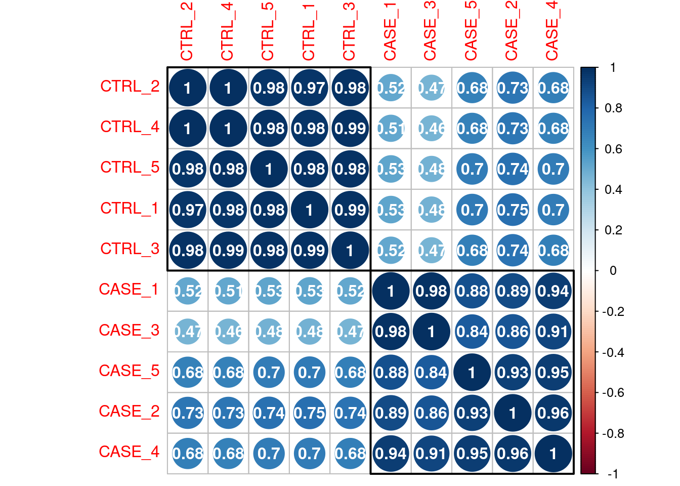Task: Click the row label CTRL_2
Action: (130, 87)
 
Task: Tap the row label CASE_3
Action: (129, 331)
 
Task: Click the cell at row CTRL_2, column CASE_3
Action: (431, 88)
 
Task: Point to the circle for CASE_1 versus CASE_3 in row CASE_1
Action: (431, 291)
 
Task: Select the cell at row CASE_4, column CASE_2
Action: (513, 454)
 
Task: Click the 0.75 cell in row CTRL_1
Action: (513, 210)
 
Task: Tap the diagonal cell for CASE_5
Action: (472, 373)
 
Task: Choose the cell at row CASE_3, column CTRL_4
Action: (228, 332)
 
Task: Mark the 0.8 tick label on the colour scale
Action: (613, 108)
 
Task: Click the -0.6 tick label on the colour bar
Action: (613, 393)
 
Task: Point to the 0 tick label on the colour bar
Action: (613, 271)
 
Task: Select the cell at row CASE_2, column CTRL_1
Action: (309, 413)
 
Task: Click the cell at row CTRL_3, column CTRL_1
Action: (309, 251)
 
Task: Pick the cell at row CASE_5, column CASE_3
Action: (431, 373)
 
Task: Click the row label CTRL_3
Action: (130, 249)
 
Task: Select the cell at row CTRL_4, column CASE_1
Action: (391, 129)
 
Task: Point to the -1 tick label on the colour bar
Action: (613, 474)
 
